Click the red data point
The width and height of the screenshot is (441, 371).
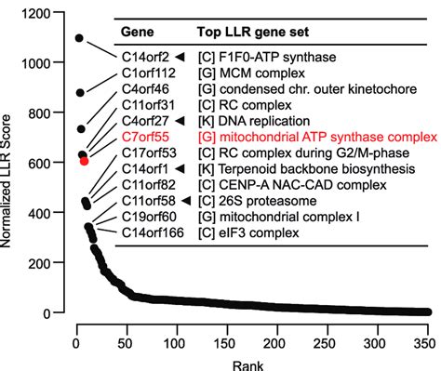(85, 161)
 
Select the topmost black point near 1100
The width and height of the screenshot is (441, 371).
(79, 38)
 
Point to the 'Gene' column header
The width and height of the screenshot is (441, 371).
(138, 32)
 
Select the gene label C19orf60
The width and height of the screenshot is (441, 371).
(151, 217)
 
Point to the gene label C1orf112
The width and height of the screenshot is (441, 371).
(151, 75)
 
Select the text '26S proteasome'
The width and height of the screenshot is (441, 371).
(265, 201)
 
